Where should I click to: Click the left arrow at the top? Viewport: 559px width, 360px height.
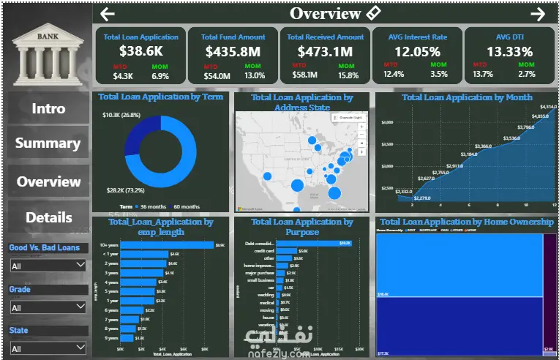(108, 14)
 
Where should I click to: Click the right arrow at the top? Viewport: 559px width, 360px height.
(538, 14)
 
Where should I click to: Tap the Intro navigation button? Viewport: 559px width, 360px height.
(48, 108)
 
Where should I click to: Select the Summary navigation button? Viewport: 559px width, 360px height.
(48, 143)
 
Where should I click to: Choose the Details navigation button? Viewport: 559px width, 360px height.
(48, 217)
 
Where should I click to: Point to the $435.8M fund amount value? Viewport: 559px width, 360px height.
(233, 52)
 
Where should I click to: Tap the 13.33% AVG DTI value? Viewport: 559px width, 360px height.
(510, 52)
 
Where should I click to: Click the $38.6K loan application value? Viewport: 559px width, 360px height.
(140, 52)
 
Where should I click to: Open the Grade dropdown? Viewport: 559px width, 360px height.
(48, 308)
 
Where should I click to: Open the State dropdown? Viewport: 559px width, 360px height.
(48, 349)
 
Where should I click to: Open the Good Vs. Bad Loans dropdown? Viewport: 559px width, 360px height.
(48, 266)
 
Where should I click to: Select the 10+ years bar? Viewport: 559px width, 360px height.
(167, 245)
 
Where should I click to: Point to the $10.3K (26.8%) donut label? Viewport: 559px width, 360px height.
(121, 115)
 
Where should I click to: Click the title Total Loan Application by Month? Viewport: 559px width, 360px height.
(466, 97)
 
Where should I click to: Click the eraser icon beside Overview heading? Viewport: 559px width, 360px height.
(373, 12)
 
